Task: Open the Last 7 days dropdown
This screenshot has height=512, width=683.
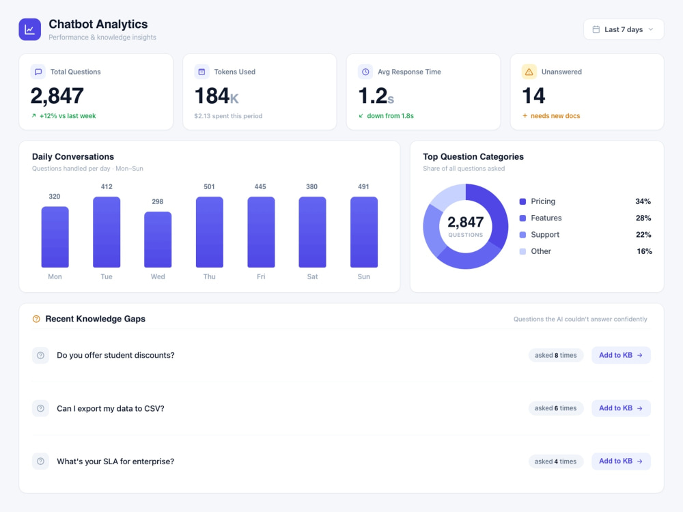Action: (624, 29)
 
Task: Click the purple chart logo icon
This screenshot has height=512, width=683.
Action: (29, 29)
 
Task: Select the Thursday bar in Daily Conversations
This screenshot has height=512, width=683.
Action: (210, 232)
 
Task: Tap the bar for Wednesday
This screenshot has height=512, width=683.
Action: (158, 240)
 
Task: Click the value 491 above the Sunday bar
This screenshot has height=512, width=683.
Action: (363, 187)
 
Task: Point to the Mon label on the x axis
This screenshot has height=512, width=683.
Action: (55, 276)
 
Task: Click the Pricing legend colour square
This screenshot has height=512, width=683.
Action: (522, 201)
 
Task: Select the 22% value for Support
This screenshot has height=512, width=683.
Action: (643, 235)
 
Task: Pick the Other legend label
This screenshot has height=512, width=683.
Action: (541, 251)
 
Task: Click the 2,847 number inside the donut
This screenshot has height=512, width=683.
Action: (466, 222)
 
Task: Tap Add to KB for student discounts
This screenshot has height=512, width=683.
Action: (621, 355)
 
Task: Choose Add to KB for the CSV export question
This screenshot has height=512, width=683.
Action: (621, 408)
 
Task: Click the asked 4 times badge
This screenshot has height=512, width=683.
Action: (555, 461)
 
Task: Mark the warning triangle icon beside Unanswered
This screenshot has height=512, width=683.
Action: (529, 72)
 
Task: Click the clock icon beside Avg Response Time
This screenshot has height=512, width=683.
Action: (365, 72)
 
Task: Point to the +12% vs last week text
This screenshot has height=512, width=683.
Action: (68, 116)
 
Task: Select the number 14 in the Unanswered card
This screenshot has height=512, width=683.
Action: (533, 96)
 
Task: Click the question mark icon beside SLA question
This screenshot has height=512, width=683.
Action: (40, 461)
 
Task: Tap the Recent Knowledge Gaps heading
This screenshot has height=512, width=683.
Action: (96, 319)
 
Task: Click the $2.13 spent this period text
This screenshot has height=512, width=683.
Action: (228, 116)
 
